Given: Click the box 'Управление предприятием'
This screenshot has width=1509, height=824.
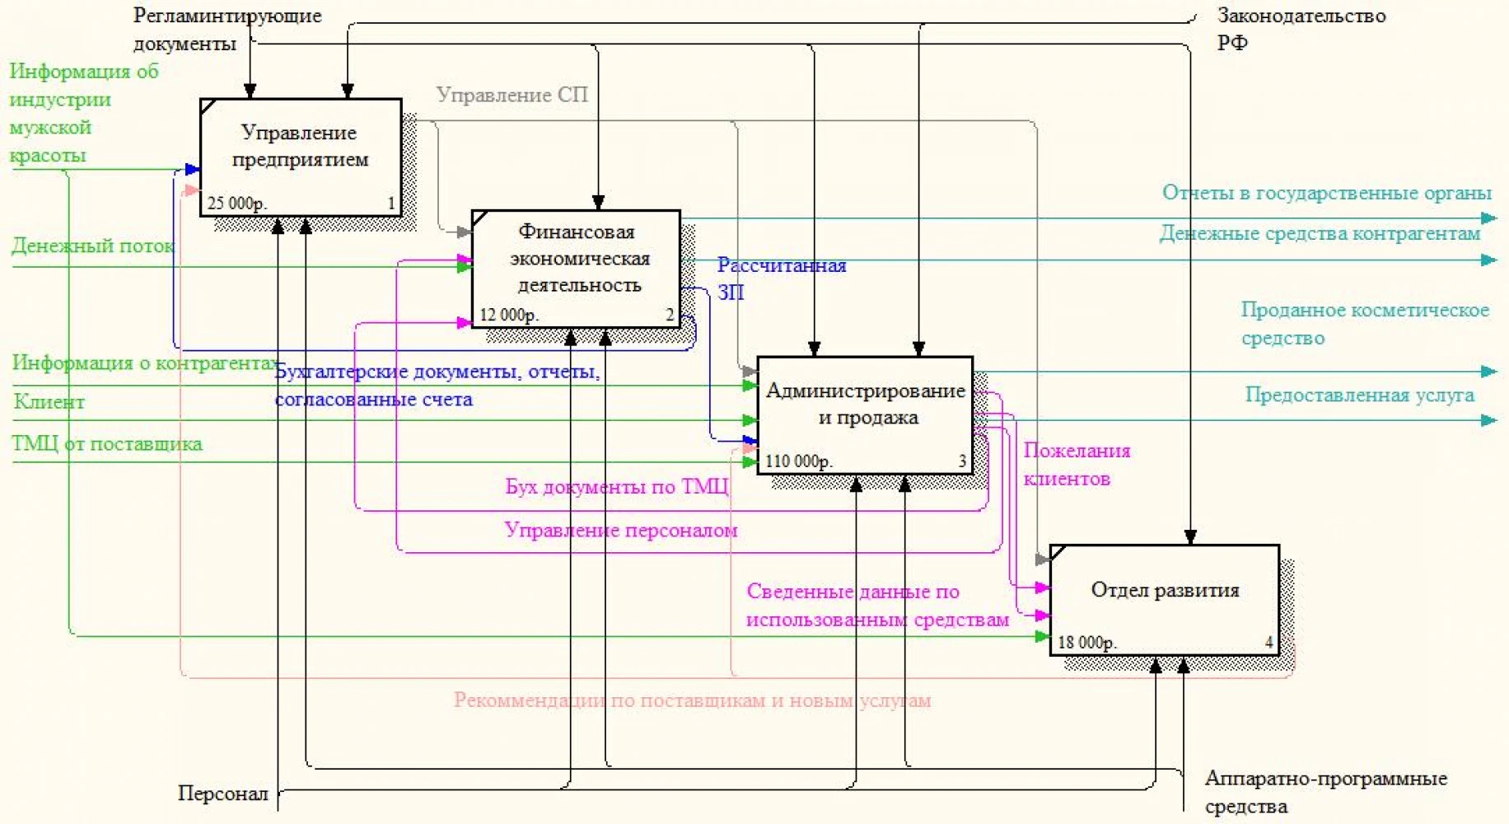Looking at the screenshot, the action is coord(301,157).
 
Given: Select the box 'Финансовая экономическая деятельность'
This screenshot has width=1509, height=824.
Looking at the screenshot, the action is coord(576,269).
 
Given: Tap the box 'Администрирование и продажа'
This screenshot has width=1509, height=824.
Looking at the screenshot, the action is coord(865,415).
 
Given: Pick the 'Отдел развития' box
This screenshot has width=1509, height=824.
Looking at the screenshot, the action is coord(1165,600).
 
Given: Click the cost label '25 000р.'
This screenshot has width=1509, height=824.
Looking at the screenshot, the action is coord(237,203).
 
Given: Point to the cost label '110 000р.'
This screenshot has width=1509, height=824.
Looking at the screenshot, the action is coord(799,461).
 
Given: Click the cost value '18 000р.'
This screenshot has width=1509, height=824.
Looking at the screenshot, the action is coord(1087,642).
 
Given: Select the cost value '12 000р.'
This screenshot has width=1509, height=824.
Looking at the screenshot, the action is coord(509,315).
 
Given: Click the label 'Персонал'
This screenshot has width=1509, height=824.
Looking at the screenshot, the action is coord(223,794).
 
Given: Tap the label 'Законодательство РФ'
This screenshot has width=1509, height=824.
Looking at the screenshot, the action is coord(1301,29).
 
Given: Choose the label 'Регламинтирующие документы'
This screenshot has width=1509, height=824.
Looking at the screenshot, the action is coord(227,29).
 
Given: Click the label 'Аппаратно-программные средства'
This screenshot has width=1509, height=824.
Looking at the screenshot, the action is coord(1326,792).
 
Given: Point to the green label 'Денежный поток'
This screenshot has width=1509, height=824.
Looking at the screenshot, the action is coord(92,246).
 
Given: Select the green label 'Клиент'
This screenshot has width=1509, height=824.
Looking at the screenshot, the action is coord(49,401).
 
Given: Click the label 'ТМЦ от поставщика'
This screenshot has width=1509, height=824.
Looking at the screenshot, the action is coord(107,443).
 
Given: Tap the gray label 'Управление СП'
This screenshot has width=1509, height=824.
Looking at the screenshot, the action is coord(512,95).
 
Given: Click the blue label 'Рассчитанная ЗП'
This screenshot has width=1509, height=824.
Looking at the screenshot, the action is coord(782,279).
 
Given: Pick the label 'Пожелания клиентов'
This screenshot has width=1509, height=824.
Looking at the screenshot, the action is coord(1077,464).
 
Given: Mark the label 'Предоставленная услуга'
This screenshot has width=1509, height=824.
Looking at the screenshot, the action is coord(1359,395).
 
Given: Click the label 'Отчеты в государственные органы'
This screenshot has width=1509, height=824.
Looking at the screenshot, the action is coord(1327,193).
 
